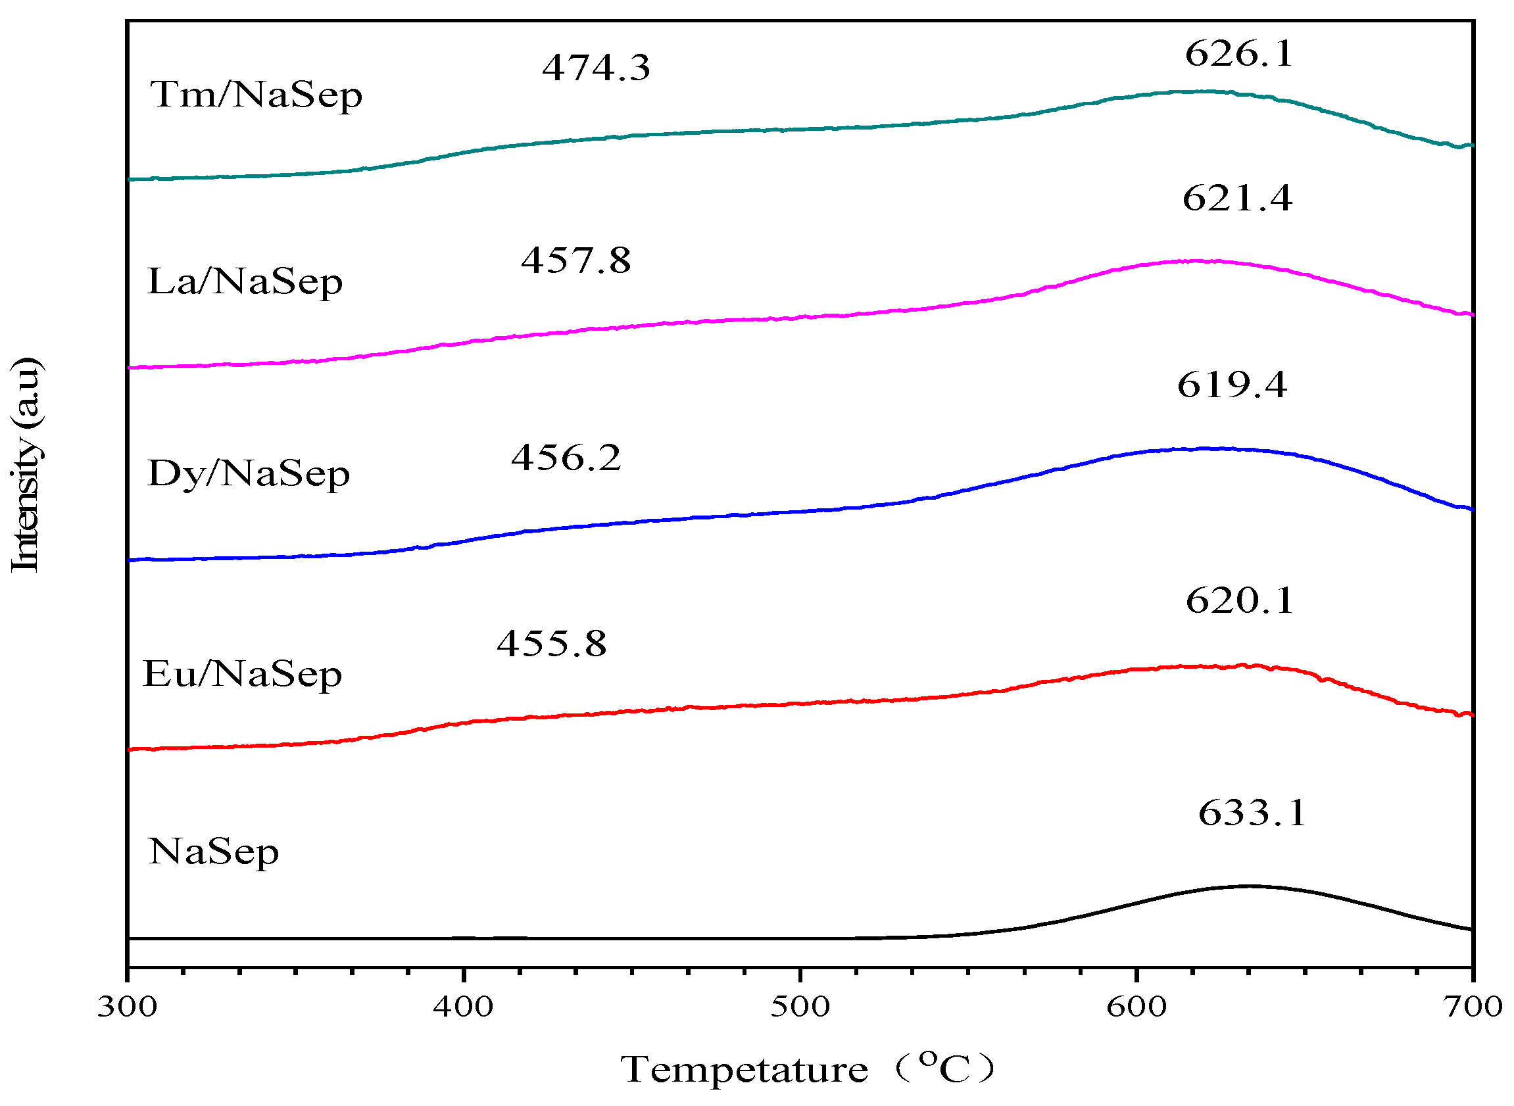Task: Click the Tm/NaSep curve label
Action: point(256,95)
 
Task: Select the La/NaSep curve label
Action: point(245,282)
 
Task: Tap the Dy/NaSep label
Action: point(248,475)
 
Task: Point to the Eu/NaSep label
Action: point(242,675)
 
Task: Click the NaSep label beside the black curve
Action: point(213,853)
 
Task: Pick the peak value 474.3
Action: point(595,68)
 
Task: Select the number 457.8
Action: point(575,260)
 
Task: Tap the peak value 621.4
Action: point(1236,199)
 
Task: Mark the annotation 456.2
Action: point(566,458)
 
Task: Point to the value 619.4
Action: point(1231,385)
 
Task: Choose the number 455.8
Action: point(551,644)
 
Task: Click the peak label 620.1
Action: point(1239,600)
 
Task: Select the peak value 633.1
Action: point(1252,813)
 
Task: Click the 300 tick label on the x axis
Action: point(127,1006)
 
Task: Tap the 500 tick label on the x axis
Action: point(800,1006)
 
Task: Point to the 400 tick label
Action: point(464,1006)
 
